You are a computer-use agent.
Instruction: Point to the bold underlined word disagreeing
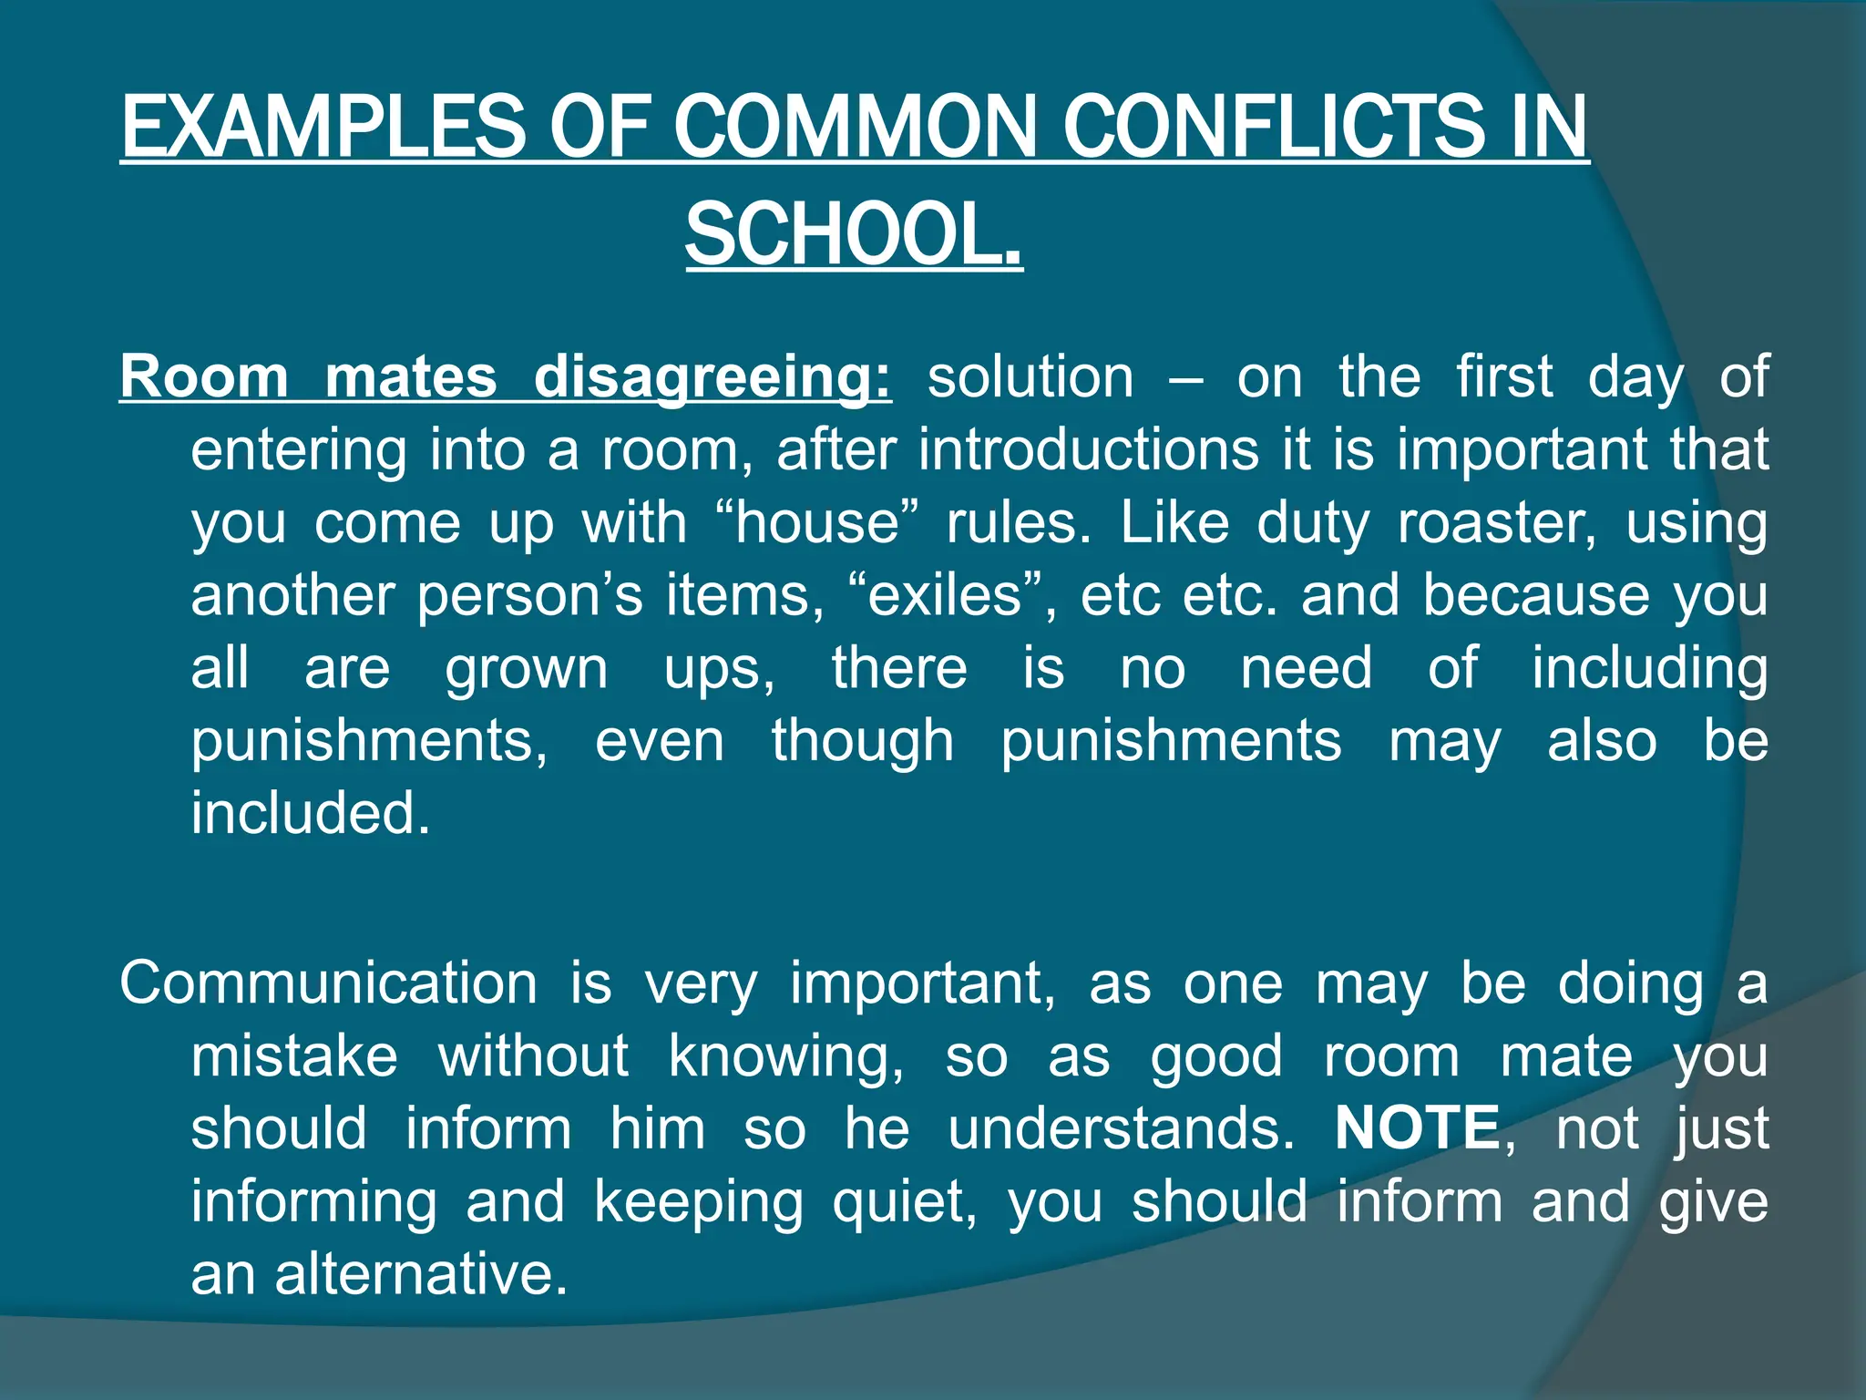[712, 377]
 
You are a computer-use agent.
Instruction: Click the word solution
[1030, 377]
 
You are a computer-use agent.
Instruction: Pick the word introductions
[1088, 449]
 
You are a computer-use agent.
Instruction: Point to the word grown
[526, 668]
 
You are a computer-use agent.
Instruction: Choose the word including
[1649, 668]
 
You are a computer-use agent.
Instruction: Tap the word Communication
[329, 983]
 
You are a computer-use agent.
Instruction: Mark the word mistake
[294, 1056]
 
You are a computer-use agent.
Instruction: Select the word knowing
[785, 1056]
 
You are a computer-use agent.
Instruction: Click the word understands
[1120, 1128]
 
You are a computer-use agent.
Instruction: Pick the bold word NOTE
[1418, 1128]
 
